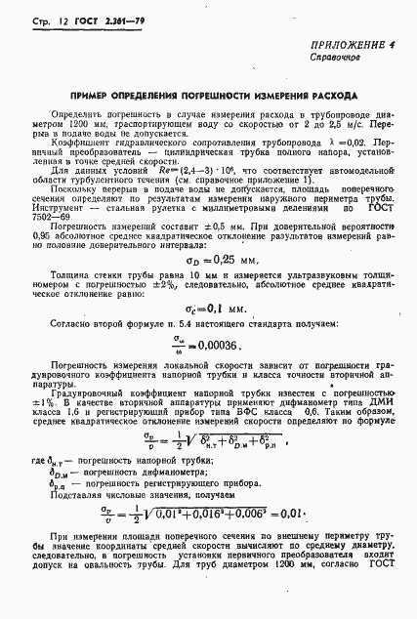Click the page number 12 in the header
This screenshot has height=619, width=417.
tap(45, 20)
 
